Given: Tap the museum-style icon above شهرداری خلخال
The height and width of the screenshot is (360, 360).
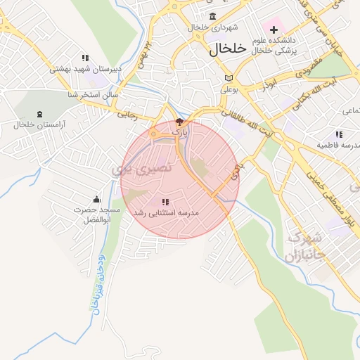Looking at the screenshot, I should pos(213,16).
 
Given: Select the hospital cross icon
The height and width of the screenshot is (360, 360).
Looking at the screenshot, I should pos(274,30).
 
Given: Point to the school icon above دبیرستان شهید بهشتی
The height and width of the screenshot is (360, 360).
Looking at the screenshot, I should pos(85,58).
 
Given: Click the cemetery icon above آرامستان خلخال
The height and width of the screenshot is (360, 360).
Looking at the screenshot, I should pos(39,113).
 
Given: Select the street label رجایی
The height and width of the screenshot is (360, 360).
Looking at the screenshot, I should pos(127,112).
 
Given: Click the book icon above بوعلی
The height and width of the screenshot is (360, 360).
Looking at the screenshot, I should pos(228,77).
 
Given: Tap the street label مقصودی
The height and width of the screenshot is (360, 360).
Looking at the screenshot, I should pos(307,70).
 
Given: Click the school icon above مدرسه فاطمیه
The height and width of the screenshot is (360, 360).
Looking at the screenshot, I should pos(339,134).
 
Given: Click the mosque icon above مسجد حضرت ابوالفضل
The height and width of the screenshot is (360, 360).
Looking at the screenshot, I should pos(96,199).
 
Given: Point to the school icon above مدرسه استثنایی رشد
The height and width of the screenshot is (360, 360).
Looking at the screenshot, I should pos(165,202).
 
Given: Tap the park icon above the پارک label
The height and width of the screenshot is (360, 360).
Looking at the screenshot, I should pos(180,122).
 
